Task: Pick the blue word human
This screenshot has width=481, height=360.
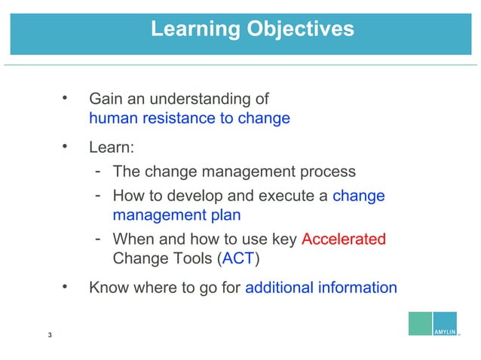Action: tap(112, 118)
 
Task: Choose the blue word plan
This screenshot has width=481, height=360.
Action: tap(225, 215)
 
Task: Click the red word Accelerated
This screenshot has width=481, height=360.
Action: tap(343, 239)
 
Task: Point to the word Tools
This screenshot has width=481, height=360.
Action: tap(190, 259)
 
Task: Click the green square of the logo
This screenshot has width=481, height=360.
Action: tap(420, 322)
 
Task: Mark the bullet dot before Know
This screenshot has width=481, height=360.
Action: tap(66, 286)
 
